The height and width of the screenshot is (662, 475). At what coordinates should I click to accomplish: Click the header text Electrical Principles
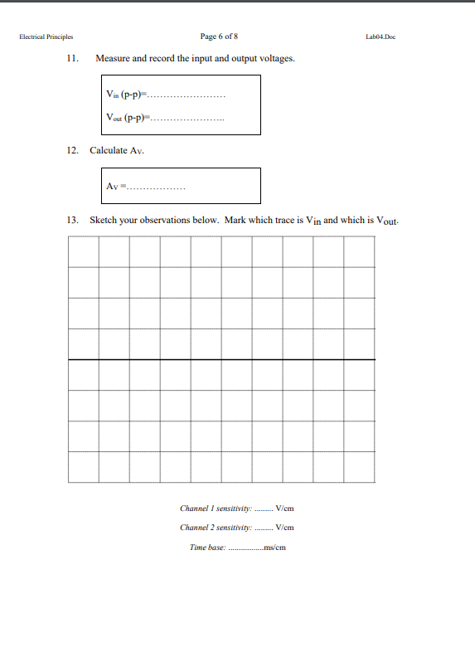pyautogui.click(x=47, y=37)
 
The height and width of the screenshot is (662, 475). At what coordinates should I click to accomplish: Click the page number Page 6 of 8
pyautogui.click(x=220, y=37)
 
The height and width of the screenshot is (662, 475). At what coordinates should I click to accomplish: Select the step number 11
pyautogui.click(x=72, y=59)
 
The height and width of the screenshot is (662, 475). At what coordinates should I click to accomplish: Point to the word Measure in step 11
pyautogui.click(x=114, y=59)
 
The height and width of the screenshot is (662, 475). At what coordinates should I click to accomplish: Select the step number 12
pyautogui.click(x=72, y=150)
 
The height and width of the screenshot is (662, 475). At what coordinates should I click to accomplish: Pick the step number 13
pyautogui.click(x=72, y=221)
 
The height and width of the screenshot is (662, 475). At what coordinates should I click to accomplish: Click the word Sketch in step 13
pyautogui.click(x=104, y=221)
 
